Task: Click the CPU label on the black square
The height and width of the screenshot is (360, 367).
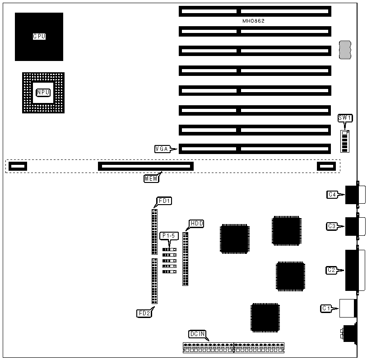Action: click(x=39, y=37)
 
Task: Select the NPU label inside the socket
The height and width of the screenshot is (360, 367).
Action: click(x=43, y=92)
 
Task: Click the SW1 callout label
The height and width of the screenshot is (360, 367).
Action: click(x=345, y=118)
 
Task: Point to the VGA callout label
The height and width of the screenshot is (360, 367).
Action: click(x=162, y=148)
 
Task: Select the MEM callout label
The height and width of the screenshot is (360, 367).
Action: click(x=151, y=178)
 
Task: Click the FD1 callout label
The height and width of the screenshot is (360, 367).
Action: click(x=162, y=200)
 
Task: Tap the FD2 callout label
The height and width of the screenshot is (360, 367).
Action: click(x=143, y=313)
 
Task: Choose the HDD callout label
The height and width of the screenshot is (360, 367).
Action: click(x=196, y=223)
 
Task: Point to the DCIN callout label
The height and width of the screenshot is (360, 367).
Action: click(x=197, y=334)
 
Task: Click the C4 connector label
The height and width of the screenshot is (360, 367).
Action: click(x=332, y=195)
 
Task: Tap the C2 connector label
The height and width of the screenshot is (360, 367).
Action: click(x=332, y=270)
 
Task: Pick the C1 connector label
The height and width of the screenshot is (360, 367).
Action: click(x=326, y=308)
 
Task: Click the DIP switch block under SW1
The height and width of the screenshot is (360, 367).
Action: click(x=346, y=141)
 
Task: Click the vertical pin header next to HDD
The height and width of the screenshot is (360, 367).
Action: click(x=185, y=258)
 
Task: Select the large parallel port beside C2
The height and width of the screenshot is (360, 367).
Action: click(x=351, y=270)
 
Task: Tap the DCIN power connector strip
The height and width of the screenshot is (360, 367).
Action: click(x=234, y=347)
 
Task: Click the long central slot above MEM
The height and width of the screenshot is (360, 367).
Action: click(x=146, y=166)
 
